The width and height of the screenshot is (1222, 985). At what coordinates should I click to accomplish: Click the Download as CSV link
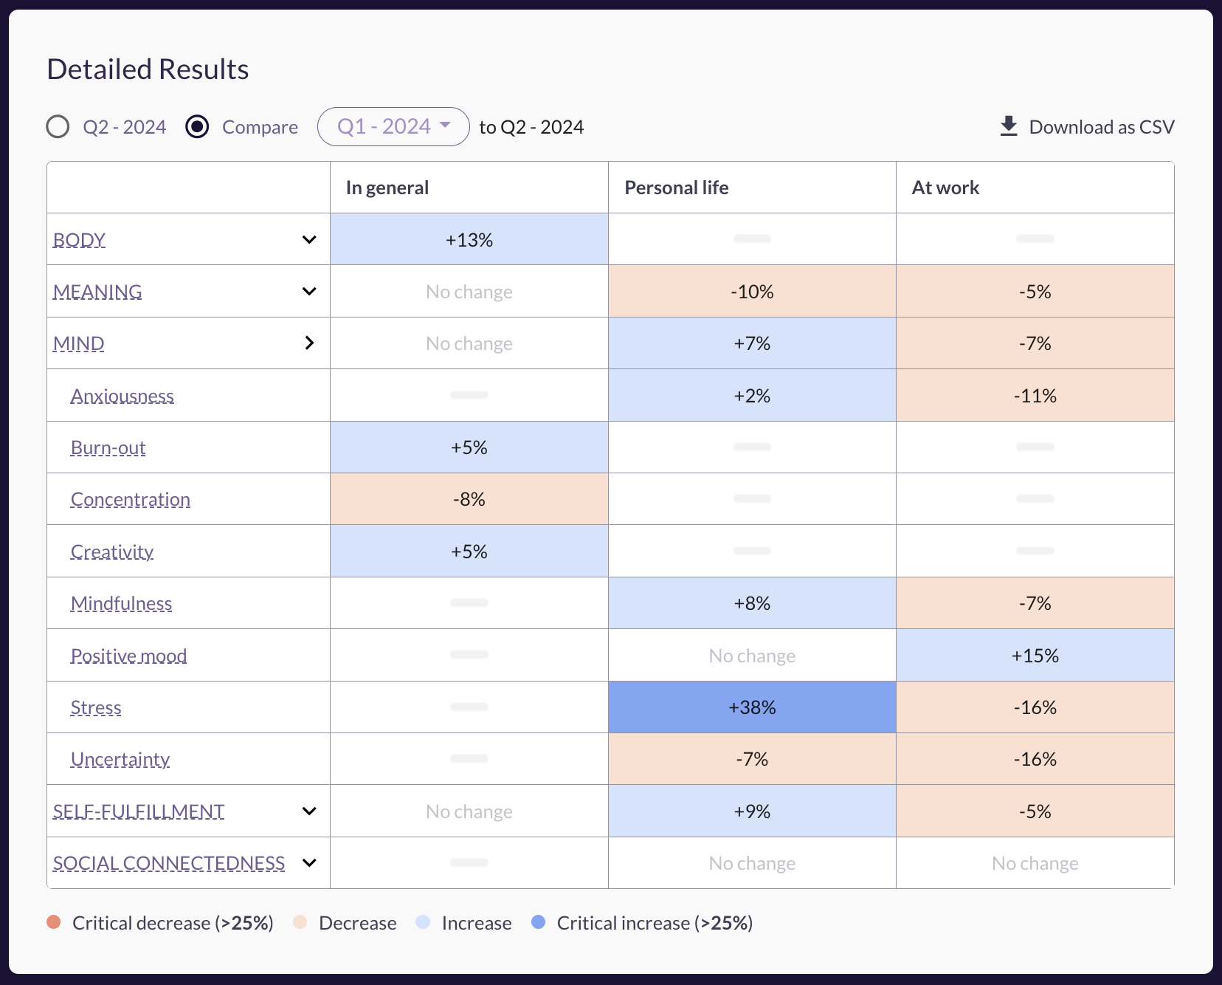click(x=1087, y=127)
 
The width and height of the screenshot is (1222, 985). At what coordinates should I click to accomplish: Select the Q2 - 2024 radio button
click(x=58, y=127)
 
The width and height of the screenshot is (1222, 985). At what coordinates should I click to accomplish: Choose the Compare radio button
click(x=197, y=127)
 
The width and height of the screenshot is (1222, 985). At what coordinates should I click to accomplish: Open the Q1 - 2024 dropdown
click(x=393, y=127)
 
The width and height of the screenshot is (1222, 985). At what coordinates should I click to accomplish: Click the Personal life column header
click(x=676, y=188)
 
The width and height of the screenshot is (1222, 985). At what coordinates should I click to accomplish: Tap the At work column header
click(x=945, y=188)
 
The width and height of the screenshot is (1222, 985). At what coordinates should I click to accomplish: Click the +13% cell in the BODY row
click(x=469, y=240)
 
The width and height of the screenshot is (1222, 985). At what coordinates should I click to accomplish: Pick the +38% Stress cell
click(x=752, y=707)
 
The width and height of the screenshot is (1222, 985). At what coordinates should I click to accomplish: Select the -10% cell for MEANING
click(x=752, y=292)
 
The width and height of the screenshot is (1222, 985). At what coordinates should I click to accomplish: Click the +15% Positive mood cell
click(x=1035, y=656)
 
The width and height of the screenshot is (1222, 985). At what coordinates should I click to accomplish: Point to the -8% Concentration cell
click(x=469, y=499)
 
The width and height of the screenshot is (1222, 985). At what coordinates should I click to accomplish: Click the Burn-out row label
click(x=108, y=448)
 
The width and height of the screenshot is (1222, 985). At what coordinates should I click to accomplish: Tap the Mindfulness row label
click(x=122, y=604)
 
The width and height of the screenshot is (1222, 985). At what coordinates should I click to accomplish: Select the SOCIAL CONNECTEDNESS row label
click(x=169, y=863)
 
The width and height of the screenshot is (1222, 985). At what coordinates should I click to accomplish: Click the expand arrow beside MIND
click(x=309, y=343)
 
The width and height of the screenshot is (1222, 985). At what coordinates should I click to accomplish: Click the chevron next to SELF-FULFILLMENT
click(x=309, y=811)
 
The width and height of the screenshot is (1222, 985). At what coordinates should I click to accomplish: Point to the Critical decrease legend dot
click(x=54, y=922)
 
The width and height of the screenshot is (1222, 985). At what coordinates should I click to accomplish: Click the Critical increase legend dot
click(x=539, y=922)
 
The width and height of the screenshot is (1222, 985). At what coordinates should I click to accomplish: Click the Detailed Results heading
click(x=148, y=69)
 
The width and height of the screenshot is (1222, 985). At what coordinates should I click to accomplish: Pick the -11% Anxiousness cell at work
click(x=1035, y=396)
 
